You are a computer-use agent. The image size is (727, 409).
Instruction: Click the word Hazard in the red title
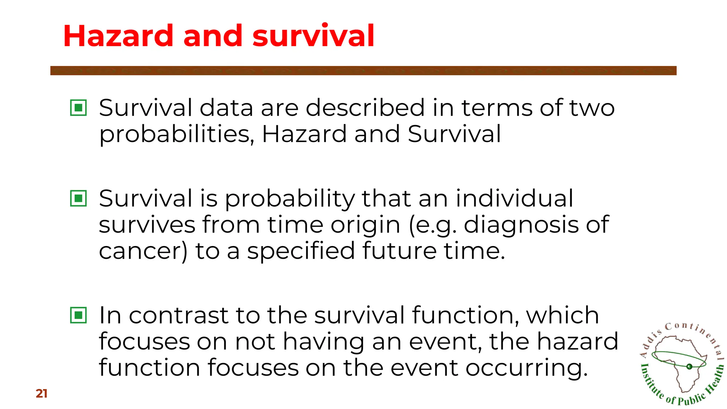(x=118, y=36)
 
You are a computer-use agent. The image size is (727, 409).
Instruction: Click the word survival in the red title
(x=313, y=36)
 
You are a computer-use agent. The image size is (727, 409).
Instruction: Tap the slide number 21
(x=42, y=393)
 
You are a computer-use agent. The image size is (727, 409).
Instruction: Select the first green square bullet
(x=78, y=107)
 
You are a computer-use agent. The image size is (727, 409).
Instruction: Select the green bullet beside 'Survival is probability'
(x=78, y=198)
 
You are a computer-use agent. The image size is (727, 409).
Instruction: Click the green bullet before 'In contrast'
(x=78, y=315)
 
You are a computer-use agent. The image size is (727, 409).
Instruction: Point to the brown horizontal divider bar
(x=363, y=70)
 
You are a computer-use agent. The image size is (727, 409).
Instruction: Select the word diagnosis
(x=521, y=225)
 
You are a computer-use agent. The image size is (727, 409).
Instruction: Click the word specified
(x=301, y=251)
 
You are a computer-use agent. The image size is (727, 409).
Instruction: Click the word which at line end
(x=562, y=315)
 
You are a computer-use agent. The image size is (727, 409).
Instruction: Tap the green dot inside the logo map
(x=689, y=366)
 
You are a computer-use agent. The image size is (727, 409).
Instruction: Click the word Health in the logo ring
(x=714, y=380)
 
